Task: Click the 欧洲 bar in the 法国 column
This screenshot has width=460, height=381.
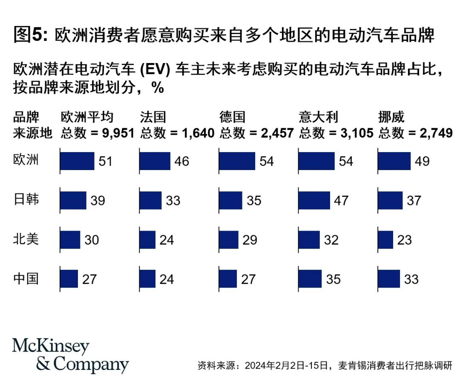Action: point(155,161)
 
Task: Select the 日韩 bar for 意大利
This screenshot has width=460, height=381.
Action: point(314,200)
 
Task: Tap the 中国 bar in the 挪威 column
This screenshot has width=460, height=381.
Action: point(389,279)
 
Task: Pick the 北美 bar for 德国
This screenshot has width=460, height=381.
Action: point(229,240)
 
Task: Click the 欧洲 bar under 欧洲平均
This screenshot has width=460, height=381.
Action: point(77,161)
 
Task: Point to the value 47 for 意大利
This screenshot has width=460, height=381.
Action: point(341,200)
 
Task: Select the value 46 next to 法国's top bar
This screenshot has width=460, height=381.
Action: point(181,162)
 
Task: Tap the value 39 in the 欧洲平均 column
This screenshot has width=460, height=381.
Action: point(98,200)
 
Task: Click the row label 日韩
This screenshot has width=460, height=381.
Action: point(26,199)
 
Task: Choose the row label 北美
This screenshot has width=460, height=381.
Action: point(26,239)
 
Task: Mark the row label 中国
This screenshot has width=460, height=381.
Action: point(26,278)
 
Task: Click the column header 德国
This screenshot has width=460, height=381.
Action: point(233,117)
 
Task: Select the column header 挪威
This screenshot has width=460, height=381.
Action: point(391,117)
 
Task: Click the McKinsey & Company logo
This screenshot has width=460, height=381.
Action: point(70,355)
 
